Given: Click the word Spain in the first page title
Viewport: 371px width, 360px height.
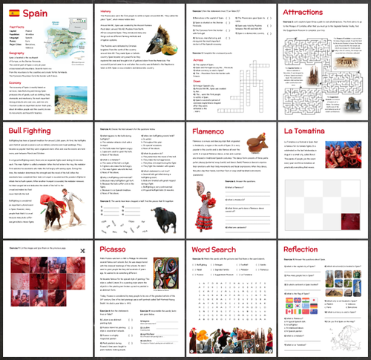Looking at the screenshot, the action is (36, 13).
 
